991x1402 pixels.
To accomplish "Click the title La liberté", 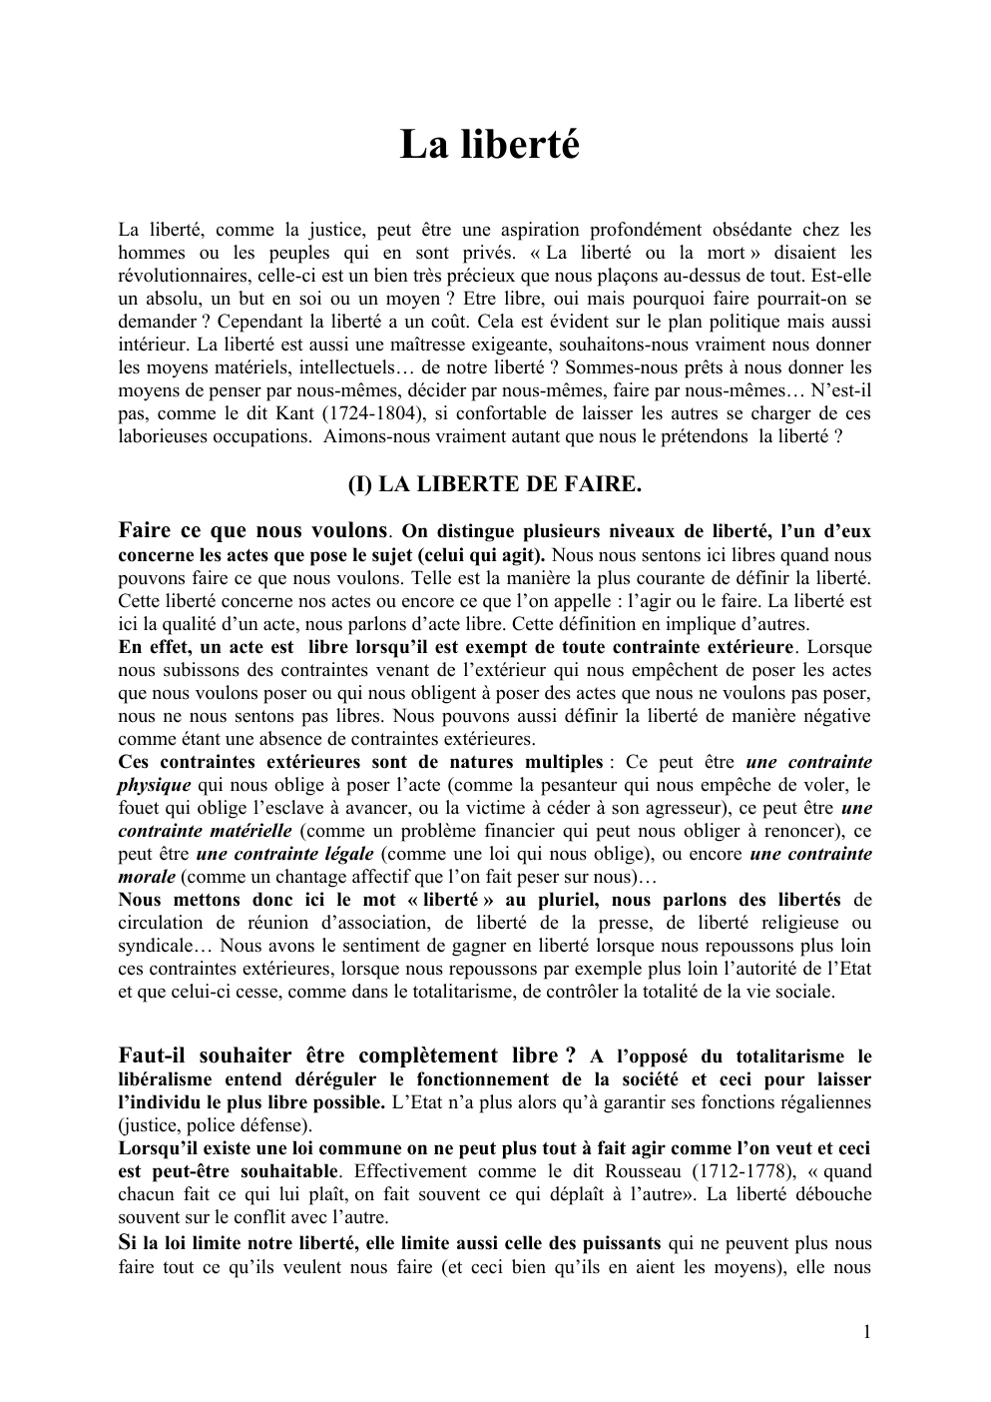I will click(490, 146).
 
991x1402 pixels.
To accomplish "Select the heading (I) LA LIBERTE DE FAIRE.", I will click(494, 484).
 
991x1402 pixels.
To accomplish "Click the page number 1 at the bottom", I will click(866, 1331).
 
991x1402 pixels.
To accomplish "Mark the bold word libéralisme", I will click(164, 1079).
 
